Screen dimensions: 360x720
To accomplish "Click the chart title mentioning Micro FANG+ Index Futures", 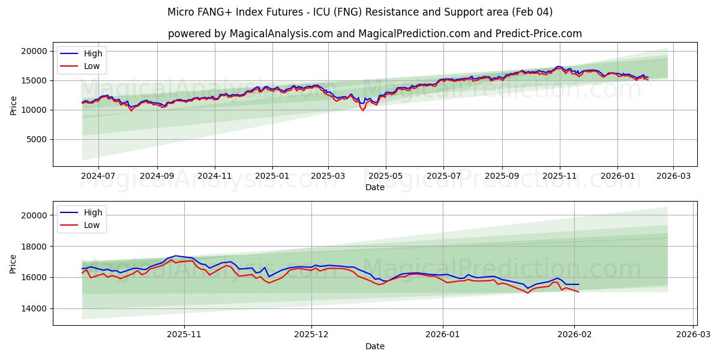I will click(x=360, y=12).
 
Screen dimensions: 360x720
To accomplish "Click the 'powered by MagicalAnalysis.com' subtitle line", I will click(x=374, y=34).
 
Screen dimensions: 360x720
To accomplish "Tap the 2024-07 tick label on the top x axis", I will click(x=98, y=176).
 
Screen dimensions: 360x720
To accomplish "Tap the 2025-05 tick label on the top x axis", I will click(x=385, y=176).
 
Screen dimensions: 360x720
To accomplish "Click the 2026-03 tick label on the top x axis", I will click(x=673, y=176).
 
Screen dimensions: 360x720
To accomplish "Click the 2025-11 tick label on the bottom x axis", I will click(x=184, y=335).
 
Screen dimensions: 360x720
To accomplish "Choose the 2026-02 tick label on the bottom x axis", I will click(x=575, y=335).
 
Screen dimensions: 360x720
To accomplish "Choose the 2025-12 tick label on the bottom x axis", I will click(x=311, y=335).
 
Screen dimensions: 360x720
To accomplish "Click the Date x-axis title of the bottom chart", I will click(x=374, y=346).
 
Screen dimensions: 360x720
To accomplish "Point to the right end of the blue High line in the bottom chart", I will click(x=579, y=284).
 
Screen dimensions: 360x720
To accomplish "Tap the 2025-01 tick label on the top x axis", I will click(x=272, y=176).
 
